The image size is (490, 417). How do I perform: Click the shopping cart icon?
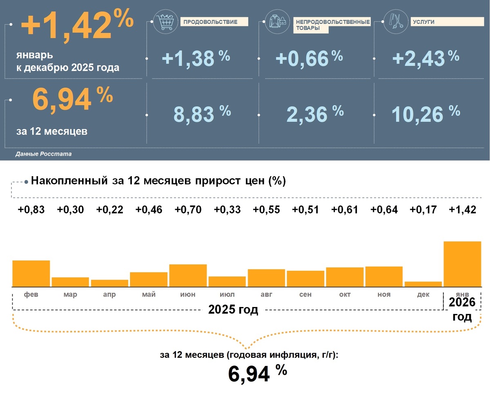165,22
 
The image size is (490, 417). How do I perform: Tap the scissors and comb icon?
395,22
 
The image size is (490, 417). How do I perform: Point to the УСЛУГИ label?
423,22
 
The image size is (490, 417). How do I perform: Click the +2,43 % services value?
425,58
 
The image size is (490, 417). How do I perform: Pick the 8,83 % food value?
202,114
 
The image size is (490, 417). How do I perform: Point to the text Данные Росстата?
43,154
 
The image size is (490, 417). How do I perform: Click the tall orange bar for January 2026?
462,264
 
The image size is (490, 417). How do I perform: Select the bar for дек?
423,284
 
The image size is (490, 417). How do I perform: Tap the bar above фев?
31,274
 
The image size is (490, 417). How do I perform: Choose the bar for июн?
188,276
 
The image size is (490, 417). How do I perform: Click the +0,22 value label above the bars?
109,210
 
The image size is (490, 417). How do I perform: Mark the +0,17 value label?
423,210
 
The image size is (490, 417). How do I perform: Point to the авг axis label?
266,294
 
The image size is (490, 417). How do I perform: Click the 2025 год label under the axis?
233,309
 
